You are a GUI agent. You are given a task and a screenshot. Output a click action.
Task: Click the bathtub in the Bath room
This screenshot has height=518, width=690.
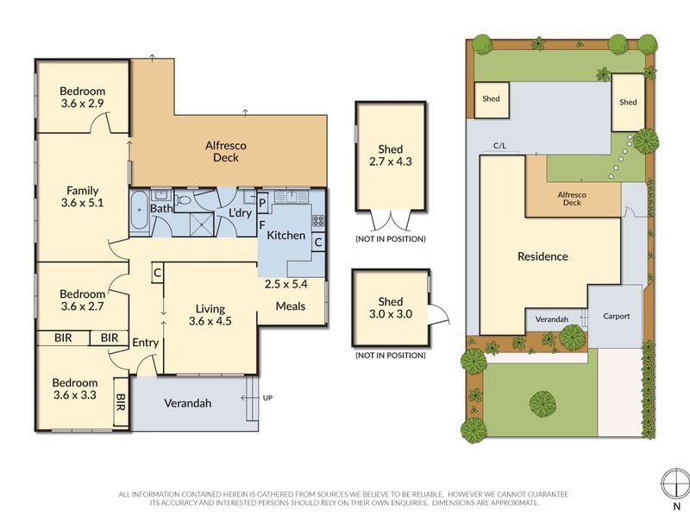(140, 211)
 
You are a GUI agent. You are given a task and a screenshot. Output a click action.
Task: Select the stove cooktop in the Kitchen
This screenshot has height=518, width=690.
(318, 221)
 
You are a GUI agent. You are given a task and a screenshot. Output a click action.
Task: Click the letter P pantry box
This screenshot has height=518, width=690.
(262, 203)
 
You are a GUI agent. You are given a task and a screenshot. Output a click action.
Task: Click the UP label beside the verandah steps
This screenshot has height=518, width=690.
(267, 398)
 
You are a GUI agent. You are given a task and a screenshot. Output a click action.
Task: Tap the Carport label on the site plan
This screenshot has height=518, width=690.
(616, 316)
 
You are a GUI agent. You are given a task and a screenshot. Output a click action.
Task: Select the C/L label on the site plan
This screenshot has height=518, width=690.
(500, 145)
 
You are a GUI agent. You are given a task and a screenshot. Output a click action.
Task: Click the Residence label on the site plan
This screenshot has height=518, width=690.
(543, 256)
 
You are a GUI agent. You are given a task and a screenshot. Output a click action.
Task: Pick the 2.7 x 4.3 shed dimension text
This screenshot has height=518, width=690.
(391, 161)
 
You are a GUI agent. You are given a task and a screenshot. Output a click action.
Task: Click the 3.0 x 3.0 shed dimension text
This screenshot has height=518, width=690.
(391, 314)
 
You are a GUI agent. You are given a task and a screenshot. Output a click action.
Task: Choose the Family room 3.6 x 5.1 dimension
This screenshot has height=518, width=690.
(82, 203)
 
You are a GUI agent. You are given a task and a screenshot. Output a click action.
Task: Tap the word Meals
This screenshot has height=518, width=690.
(291, 306)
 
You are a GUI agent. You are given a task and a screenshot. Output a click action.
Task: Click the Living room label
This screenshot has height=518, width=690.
(210, 309)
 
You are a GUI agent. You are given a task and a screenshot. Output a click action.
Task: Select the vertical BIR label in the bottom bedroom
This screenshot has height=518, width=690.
(121, 401)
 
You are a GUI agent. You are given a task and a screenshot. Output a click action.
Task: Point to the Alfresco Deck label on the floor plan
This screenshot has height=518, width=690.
(226, 152)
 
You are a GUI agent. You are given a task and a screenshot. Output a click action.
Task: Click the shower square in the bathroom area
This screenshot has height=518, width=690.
(201, 224)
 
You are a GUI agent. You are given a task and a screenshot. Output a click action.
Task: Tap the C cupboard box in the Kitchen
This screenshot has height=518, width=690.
(318, 242)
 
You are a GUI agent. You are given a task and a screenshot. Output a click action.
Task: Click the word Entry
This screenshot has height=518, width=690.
(145, 343)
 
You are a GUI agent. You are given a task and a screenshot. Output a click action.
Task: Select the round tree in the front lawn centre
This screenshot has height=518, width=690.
(543, 403)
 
